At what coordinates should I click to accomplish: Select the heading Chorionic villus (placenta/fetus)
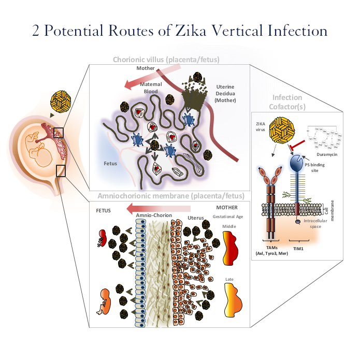[x=166, y=60]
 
